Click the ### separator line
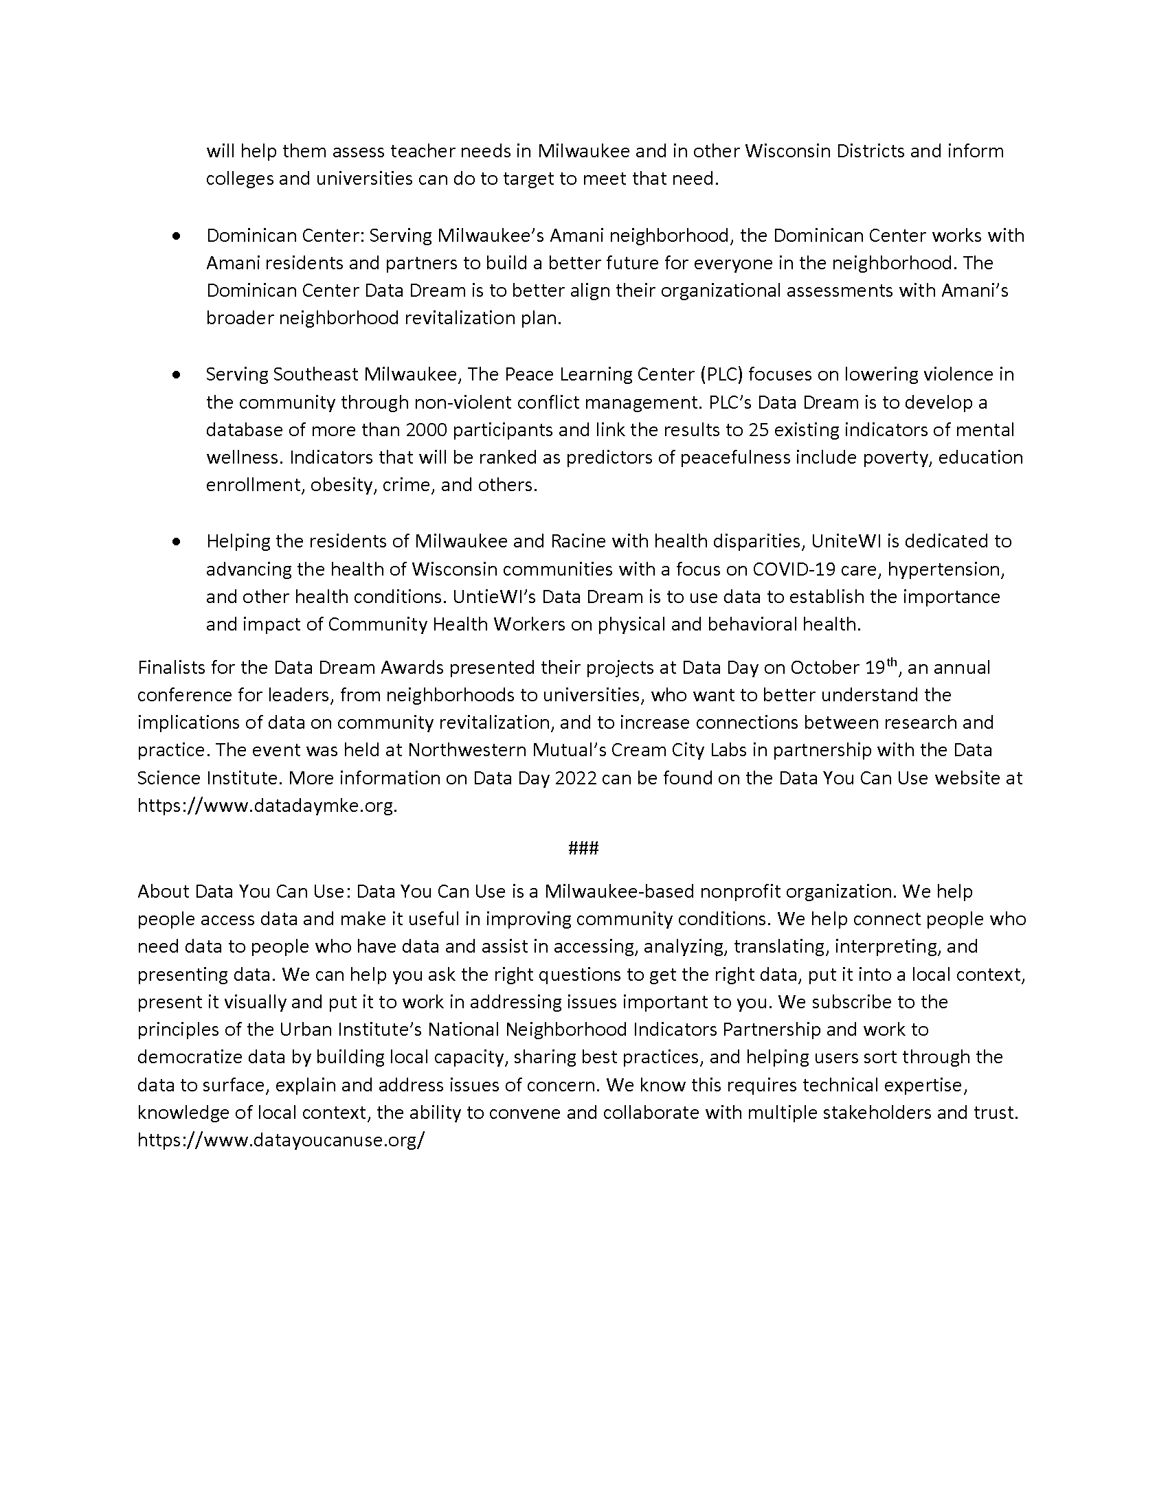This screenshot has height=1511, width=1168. coord(583,848)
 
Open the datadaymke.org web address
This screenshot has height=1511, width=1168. coord(267,806)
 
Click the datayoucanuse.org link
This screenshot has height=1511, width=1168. coord(281,1140)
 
